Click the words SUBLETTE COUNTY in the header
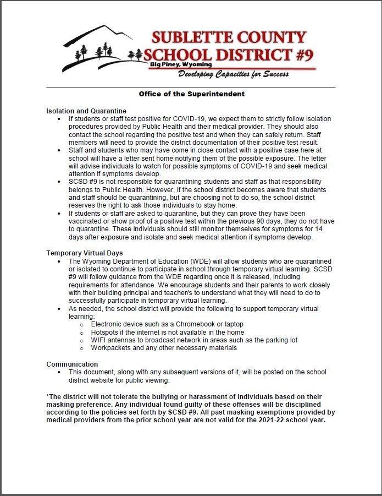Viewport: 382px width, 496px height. [228, 38]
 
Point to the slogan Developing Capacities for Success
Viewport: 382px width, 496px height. [233, 74]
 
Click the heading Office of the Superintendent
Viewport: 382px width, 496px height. [191, 94]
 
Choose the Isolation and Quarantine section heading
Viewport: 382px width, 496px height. [86, 111]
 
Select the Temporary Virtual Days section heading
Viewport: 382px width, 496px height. [85, 253]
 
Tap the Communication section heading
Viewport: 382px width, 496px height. [72, 364]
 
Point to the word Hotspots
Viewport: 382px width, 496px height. [107, 333]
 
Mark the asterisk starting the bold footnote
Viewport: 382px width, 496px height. [48, 396]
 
